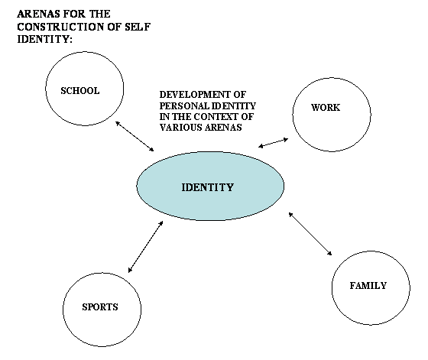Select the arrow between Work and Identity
point(274,142)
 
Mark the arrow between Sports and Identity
point(145,246)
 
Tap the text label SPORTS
point(100,307)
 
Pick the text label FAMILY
point(368,286)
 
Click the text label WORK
point(326,108)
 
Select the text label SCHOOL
point(80,90)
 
